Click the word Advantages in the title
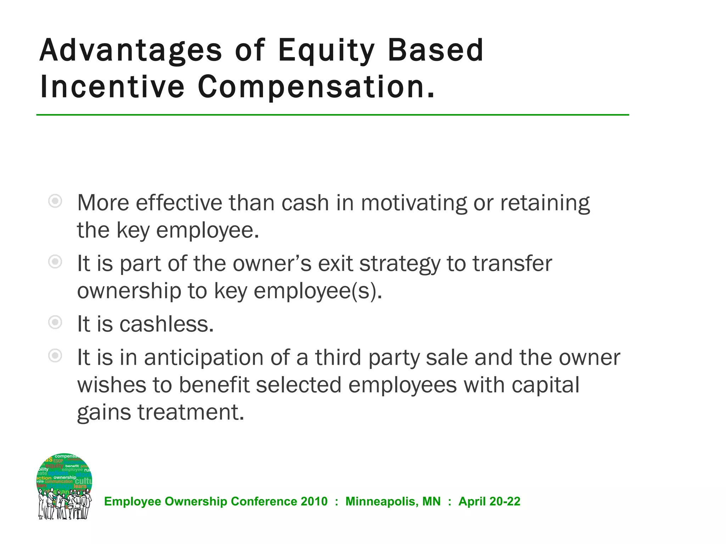[130, 50]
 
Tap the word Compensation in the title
[315, 87]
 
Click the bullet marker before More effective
[55, 201]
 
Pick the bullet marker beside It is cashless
[55, 322]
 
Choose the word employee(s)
[318, 291]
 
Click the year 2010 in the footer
[314, 501]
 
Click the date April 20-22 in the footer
[489, 501]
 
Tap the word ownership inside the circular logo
[65, 477]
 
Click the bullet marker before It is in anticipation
[55, 356]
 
